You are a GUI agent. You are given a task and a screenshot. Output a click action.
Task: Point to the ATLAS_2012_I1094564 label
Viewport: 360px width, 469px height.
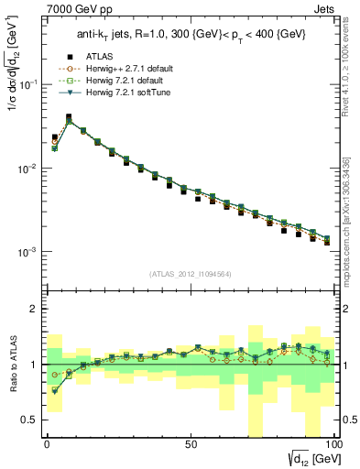point(190,273)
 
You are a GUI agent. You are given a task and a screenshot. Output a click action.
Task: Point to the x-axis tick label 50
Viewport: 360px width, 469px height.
point(191,444)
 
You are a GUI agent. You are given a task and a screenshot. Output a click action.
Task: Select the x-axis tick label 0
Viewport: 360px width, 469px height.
point(47,444)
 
